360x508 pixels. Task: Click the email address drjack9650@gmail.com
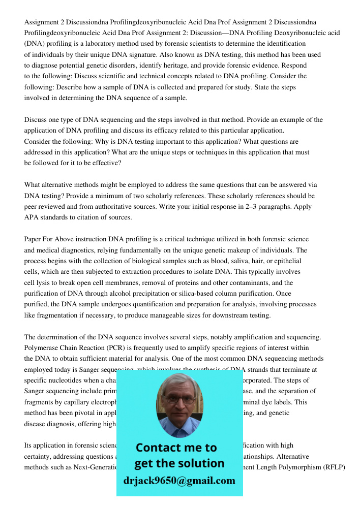click(179, 481)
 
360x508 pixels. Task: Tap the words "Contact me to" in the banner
click(176, 448)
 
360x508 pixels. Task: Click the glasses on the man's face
click(179, 399)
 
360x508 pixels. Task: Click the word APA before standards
click(32, 217)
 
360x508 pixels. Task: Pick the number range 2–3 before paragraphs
click(251, 206)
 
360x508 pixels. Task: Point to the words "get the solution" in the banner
click(179, 463)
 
